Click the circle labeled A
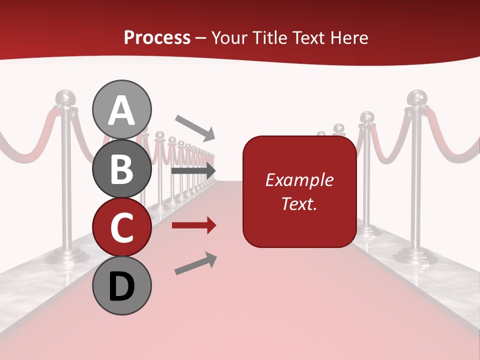(x=122, y=109)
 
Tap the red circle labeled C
(x=122, y=227)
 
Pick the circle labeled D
(x=122, y=285)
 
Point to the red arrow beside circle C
(x=194, y=225)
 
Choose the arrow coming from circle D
(x=195, y=263)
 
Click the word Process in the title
(x=157, y=37)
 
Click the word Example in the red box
(x=299, y=180)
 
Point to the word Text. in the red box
(x=299, y=203)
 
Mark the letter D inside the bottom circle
(x=122, y=286)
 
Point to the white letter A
(x=122, y=110)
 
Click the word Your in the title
(x=231, y=37)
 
